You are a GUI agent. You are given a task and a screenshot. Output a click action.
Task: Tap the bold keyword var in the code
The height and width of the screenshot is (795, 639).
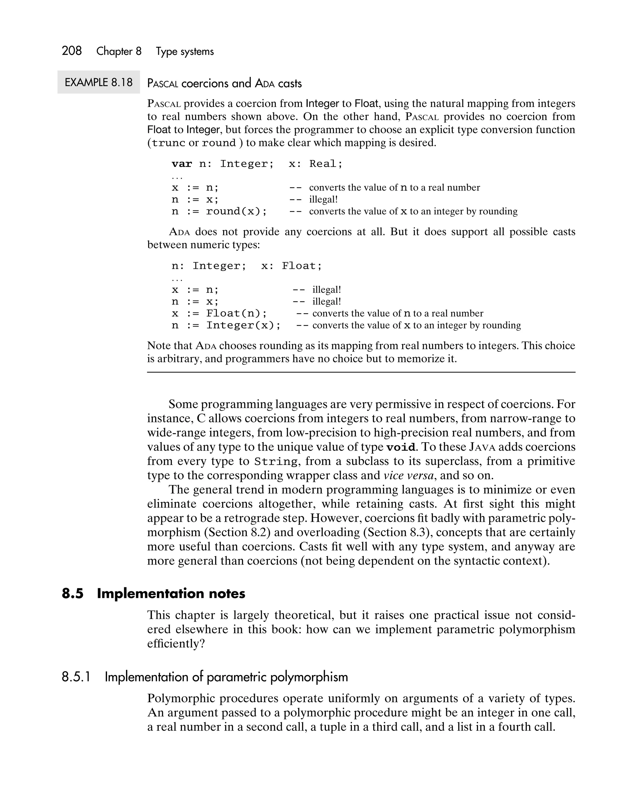(x=182, y=164)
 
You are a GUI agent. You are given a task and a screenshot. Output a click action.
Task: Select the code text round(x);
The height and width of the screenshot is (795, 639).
(x=236, y=211)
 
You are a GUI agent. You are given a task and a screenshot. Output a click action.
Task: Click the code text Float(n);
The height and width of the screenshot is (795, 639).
(x=236, y=313)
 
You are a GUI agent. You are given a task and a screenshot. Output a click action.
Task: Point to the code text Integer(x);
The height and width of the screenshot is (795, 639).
(x=243, y=325)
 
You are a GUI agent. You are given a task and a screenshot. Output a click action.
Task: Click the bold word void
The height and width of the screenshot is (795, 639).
(x=401, y=447)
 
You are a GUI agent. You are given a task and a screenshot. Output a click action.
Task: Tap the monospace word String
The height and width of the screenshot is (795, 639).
(x=276, y=462)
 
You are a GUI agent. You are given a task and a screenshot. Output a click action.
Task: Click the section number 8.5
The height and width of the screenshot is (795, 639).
(x=73, y=594)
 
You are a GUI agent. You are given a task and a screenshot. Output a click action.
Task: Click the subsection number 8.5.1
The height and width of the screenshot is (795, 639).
(x=76, y=677)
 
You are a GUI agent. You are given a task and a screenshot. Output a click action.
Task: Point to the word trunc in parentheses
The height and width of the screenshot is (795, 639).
(x=168, y=143)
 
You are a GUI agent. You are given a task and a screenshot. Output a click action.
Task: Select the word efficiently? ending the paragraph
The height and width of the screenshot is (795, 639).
(x=176, y=643)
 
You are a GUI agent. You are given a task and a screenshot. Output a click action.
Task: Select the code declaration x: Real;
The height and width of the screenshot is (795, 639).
(x=315, y=164)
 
